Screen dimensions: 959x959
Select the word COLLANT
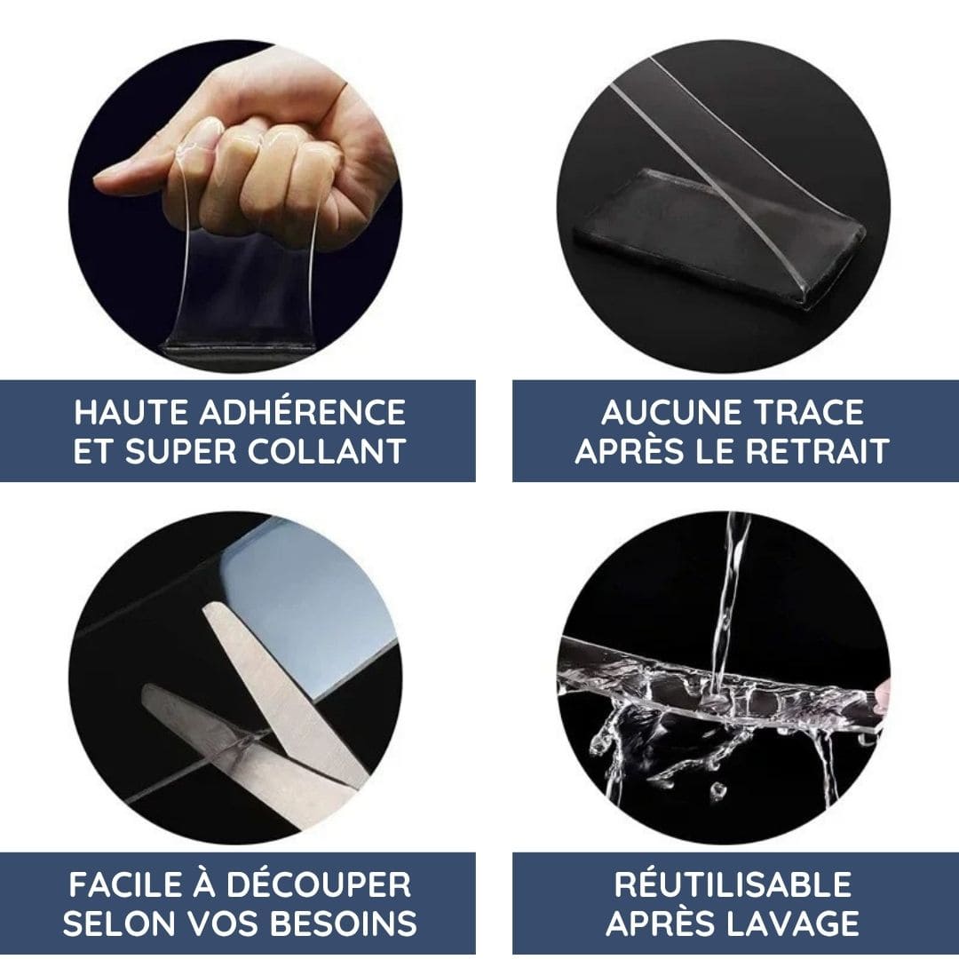pyautogui.click(x=327, y=451)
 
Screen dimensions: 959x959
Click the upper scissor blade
pyautogui.click(x=281, y=691)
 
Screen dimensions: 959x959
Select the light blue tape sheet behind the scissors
pyautogui.click(x=312, y=606)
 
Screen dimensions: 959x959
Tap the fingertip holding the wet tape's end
pyautogui.click(x=882, y=697)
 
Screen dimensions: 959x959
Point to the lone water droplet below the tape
pyautogui.click(x=718, y=791)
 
